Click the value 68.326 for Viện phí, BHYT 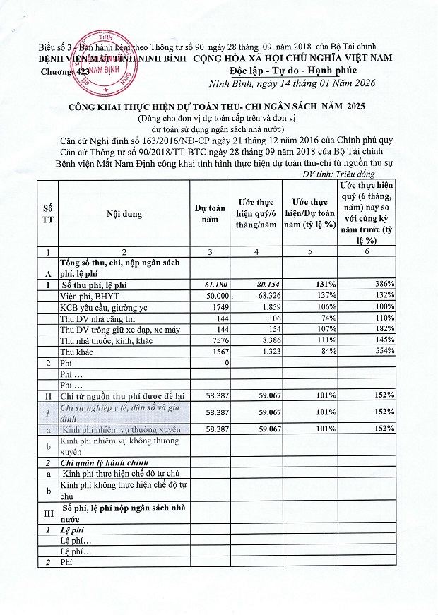[259, 294]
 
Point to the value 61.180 [210, 283]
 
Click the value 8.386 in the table [259, 340]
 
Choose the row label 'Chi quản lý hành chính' [103, 462]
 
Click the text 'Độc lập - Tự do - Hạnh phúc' [292, 71]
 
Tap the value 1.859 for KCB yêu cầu [259, 306]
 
